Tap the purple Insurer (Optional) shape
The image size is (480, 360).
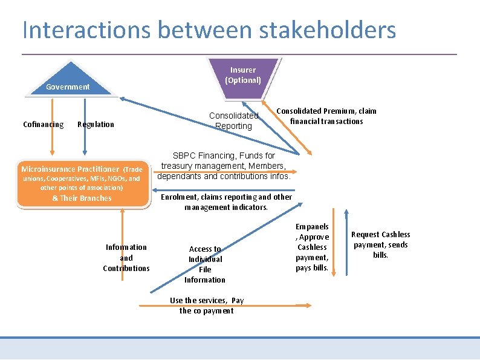pos(243,75)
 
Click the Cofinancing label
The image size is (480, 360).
pos(43,125)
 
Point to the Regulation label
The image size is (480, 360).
pos(96,125)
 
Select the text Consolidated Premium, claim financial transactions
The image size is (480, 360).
pos(326,116)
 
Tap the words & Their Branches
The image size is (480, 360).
pos(82,198)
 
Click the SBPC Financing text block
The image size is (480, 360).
pos(224,166)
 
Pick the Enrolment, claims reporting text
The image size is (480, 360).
pos(226,202)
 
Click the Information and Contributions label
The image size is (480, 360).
pos(126,258)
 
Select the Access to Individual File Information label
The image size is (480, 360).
pos(205,264)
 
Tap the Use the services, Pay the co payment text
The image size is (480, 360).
pos(207,306)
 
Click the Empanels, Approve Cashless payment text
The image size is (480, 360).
pos(313,247)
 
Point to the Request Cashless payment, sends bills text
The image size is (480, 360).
pos(380,244)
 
